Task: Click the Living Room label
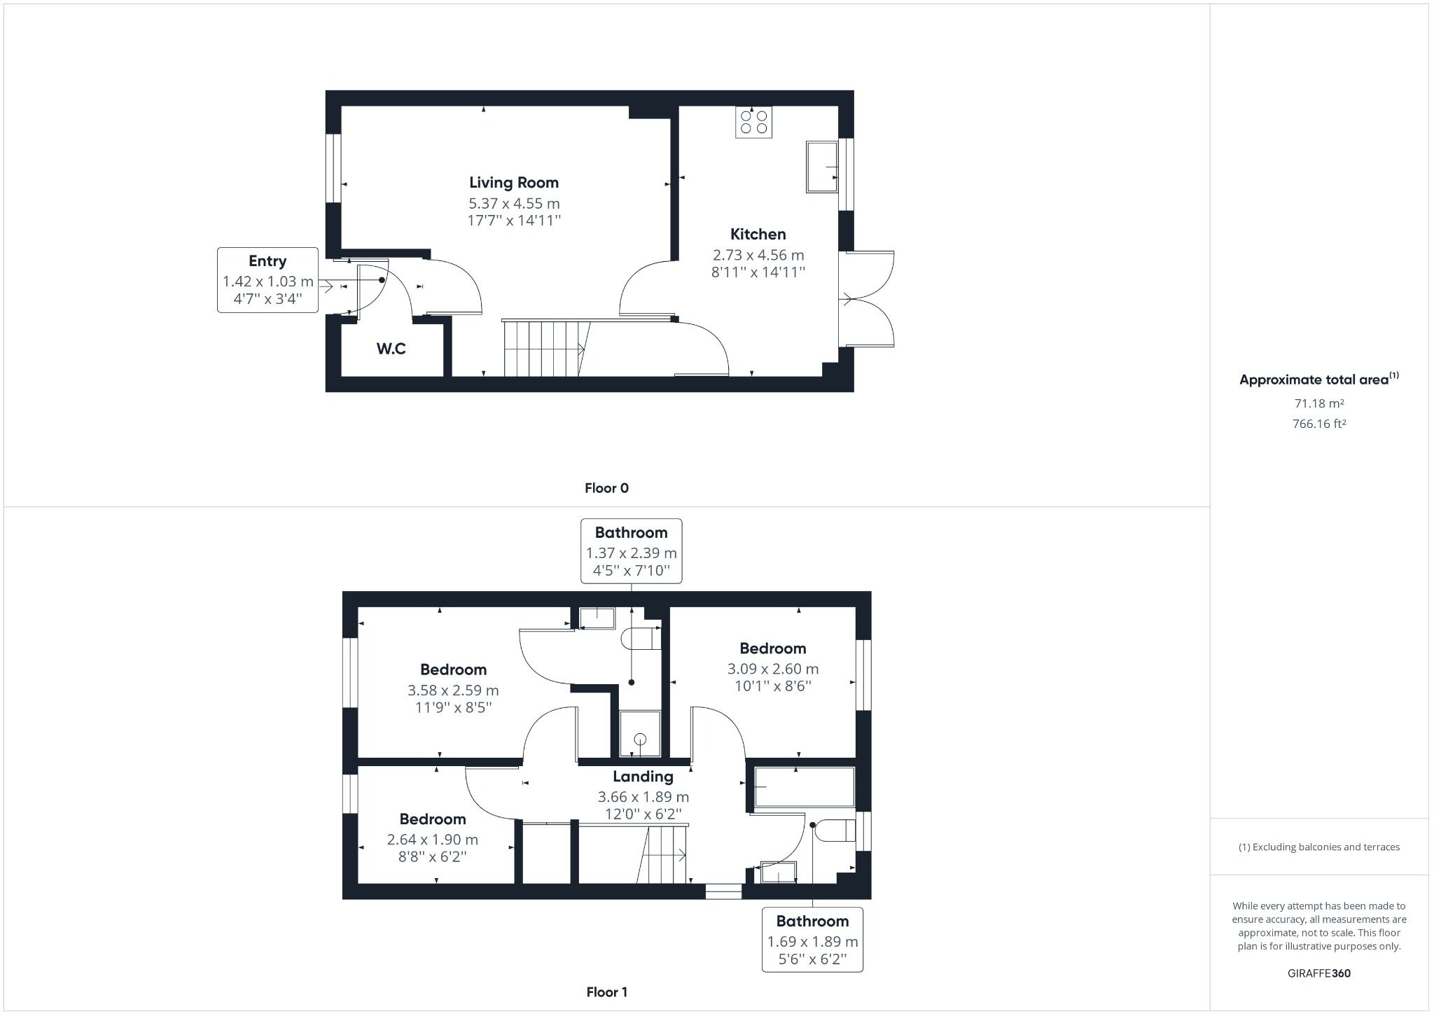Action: click(x=514, y=183)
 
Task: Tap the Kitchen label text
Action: click(x=758, y=235)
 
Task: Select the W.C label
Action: click(x=391, y=349)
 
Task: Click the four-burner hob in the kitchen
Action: click(x=753, y=122)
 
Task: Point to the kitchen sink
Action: click(x=822, y=167)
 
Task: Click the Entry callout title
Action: click(x=267, y=261)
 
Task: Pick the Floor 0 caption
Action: click(x=606, y=488)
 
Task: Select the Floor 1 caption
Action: click(x=606, y=992)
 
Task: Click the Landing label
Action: click(x=643, y=776)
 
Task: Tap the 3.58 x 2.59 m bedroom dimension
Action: click(x=453, y=690)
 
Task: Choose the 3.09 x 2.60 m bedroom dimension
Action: click(x=772, y=669)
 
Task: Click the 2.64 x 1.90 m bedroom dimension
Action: click(x=432, y=839)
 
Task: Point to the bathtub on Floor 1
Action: click(x=805, y=787)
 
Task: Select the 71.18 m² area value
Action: click(x=1318, y=403)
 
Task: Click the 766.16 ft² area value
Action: click(x=1318, y=424)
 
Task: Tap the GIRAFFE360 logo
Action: click(x=1319, y=973)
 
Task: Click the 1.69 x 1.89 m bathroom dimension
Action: click(x=812, y=942)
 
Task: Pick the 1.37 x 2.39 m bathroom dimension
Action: click(x=631, y=553)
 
